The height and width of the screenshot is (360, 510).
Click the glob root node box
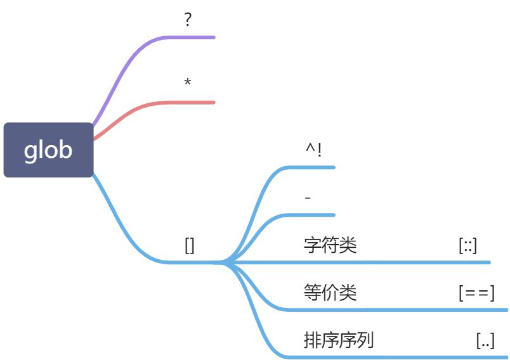48,150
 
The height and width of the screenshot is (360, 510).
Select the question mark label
188,20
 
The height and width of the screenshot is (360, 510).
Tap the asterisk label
188,83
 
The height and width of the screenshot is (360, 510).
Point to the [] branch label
190,245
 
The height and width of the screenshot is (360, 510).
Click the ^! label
313,150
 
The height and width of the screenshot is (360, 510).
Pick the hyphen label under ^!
308,198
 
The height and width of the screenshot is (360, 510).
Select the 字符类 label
330,245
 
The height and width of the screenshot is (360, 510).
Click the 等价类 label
330,292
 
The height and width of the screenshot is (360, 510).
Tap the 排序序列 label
339,340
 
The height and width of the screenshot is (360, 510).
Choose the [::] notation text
468,245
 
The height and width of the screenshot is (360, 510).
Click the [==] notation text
476,292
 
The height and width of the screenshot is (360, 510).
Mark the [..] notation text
485,340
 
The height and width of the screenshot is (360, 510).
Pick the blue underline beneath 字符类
381,261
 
